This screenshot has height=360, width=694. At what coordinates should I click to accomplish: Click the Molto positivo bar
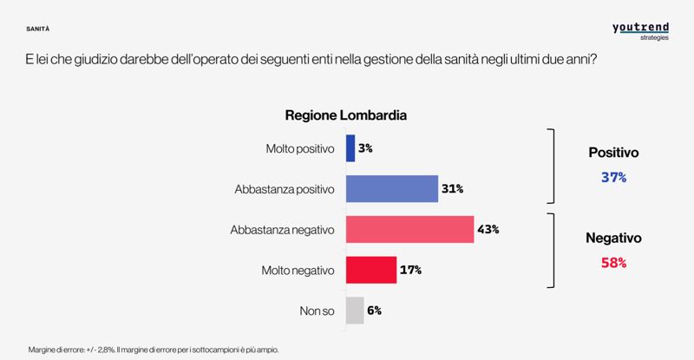coord(350,148)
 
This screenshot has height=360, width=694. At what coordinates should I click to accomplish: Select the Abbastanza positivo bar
coord(392,188)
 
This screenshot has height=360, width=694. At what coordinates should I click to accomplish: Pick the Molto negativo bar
coord(371,270)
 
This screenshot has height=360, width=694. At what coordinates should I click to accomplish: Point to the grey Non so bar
coord(355,310)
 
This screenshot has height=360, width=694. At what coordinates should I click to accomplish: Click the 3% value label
coord(365,148)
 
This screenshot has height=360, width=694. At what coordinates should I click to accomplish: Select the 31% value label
coord(453,188)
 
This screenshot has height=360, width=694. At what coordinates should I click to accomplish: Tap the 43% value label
coord(488,230)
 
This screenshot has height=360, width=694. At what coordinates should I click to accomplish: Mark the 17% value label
coord(410,270)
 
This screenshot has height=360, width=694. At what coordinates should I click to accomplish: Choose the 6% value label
coord(374,310)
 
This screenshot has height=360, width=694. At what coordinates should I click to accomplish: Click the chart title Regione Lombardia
coord(346,115)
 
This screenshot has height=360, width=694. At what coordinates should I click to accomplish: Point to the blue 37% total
coord(613,177)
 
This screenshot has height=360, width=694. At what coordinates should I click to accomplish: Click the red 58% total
coord(613,261)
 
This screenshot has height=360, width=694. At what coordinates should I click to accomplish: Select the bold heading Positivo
coord(613,152)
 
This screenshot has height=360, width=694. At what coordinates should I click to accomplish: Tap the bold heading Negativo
coord(613,236)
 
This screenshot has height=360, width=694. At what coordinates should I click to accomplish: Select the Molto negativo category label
coord(298,270)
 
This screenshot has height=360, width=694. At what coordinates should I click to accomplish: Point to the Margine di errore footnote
coord(153,349)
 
